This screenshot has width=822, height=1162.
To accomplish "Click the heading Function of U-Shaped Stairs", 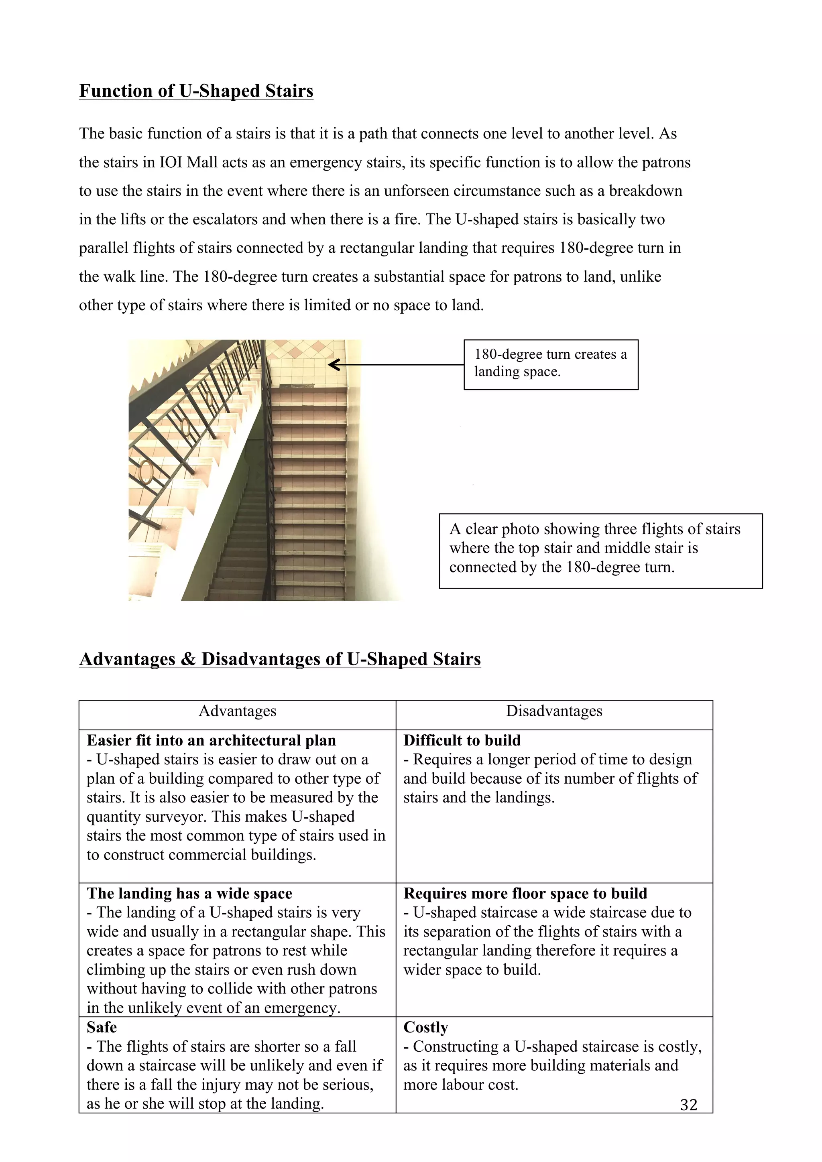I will (196, 91).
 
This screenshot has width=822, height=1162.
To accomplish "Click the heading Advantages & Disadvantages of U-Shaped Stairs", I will (280, 659).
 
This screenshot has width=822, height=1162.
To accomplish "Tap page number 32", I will (688, 1104).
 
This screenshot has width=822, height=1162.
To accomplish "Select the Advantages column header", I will (237, 711).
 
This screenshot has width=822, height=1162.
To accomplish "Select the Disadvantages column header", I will (554, 711).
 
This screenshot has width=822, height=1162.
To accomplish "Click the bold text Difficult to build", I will (462, 740).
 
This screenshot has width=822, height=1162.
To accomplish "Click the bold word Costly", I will (426, 1027).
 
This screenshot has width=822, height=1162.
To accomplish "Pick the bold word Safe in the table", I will (101, 1027).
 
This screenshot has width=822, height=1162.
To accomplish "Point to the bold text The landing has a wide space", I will (189, 893).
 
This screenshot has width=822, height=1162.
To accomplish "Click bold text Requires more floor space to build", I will (525, 893).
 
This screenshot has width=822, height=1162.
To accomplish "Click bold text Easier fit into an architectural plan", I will (211, 740).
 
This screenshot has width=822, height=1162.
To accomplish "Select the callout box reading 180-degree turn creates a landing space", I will (551, 364).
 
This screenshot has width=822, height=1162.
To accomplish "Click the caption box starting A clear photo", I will (600, 551).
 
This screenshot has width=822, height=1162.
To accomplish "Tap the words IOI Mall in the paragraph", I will (183, 163).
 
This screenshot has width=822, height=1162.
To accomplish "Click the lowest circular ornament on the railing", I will (146, 472).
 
